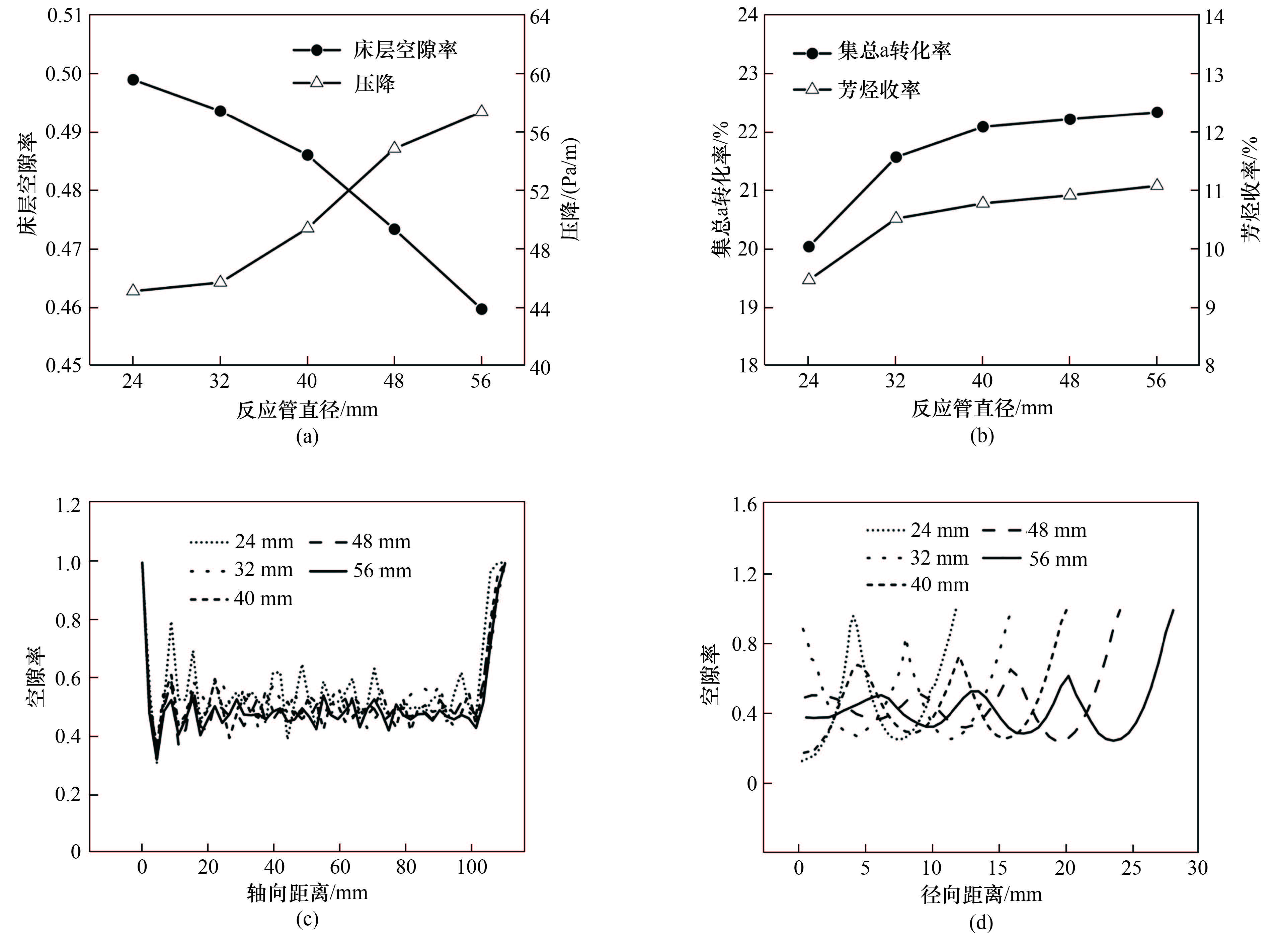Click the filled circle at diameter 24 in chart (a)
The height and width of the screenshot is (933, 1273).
(133, 80)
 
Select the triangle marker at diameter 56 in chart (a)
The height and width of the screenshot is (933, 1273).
(482, 111)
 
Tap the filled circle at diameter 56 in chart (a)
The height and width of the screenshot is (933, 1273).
(482, 309)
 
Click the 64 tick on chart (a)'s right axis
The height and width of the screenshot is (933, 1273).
(540, 17)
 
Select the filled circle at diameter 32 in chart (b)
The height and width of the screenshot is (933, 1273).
(896, 157)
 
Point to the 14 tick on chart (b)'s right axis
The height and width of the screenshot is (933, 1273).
(1215, 17)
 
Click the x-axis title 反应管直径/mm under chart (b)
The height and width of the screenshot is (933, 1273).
(982, 408)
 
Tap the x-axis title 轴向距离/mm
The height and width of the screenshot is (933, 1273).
(308, 893)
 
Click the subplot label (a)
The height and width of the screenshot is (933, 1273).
(308, 437)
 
